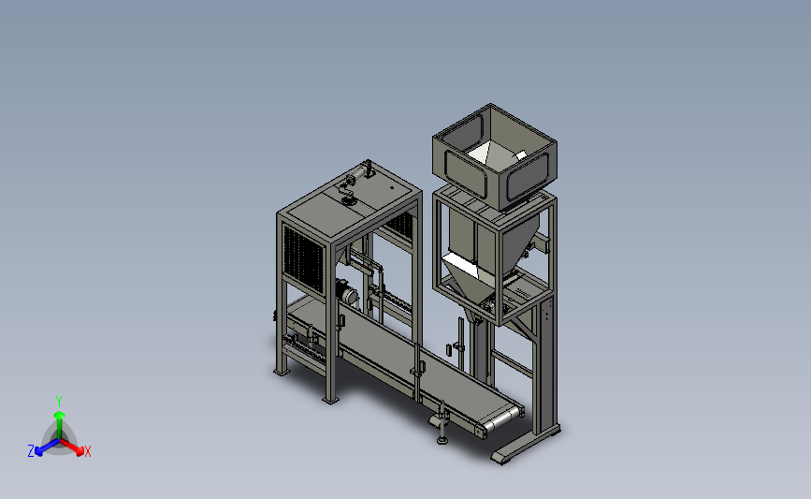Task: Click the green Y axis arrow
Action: click(60, 425)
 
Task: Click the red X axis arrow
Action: click(71, 447)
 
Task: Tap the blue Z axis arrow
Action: click(48, 447)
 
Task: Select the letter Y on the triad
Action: click(59, 402)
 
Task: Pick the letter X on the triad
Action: click(87, 451)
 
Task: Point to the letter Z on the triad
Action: click(31, 451)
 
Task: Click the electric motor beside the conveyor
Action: click(346, 292)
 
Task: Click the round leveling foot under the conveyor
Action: click(442, 441)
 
